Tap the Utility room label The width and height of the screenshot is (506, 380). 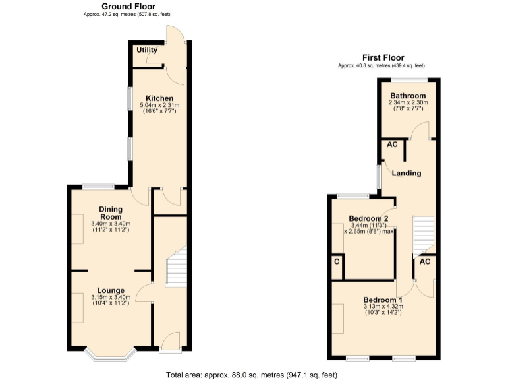click(x=146, y=50)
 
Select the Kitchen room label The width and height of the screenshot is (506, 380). click(x=159, y=98)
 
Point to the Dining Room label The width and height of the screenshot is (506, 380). click(x=111, y=213)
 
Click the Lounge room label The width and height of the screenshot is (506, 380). click(x=111, y=290)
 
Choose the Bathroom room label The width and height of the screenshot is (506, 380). click(x=408, y=96)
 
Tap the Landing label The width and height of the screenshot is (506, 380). click(x=407, y=174)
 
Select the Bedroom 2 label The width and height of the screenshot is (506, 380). click(x=368, y=219)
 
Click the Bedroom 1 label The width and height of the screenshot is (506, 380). click(x=382, y=300)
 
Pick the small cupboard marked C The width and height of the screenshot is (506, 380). click(x=337, y=262)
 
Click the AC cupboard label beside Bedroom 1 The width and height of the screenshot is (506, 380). click(x=425, y=262)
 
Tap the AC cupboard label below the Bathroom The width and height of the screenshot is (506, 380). click(x=392, y=144)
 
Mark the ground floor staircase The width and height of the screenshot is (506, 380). click(x=176, y=267)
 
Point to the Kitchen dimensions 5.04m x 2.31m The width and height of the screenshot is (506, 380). click(x=159, y=106)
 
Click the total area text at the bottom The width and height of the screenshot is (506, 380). click(x=253, y=374)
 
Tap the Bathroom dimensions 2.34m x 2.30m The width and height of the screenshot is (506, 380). click(x=408, y=103)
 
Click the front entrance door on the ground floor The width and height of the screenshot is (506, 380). click(x=170, y=340)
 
